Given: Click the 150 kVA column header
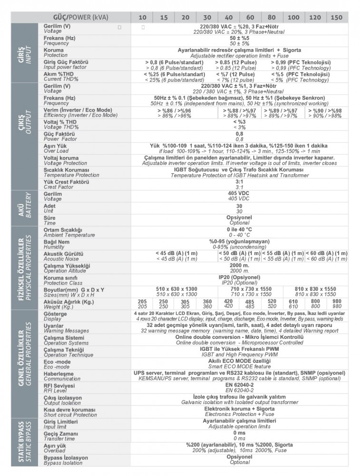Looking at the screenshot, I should (x=336, y=17).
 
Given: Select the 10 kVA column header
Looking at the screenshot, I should (x=142, y=17).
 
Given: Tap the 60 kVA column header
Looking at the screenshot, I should (x=250, y=17).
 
